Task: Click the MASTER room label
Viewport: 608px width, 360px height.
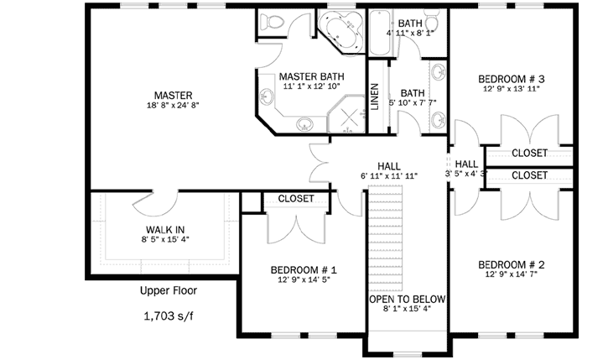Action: (x=174, y=95)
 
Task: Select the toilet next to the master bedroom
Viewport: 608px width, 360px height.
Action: (x=271, y=21)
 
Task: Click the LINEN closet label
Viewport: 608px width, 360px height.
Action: (x=375, y=97)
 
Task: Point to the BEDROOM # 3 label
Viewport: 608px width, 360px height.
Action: (x=511, y=79)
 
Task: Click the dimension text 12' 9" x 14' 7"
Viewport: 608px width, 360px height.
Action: (x=511, y=274)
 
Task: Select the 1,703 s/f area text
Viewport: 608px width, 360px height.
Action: (x=169, y=316)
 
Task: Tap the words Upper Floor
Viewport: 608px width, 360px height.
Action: (x=169, y=290)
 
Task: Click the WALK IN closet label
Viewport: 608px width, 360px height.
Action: (x=165, y=230)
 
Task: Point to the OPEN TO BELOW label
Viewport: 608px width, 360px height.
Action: (x=407, y=299)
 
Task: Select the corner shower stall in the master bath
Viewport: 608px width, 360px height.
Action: (x=346, y=114)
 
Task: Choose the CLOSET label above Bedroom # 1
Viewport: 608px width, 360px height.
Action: (x=296, y=199)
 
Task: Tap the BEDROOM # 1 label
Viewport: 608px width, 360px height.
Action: (x=304, y=269)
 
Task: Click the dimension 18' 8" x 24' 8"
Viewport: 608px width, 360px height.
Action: (x=173, y=105)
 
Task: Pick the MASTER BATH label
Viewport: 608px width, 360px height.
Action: (x=312, y=76)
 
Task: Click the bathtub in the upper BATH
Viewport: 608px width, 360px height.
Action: (x=380, y=32)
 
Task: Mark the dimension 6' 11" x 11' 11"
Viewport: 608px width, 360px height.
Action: (x=389, y=176)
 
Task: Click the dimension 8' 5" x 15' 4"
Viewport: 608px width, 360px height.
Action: (x=165, y=239)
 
